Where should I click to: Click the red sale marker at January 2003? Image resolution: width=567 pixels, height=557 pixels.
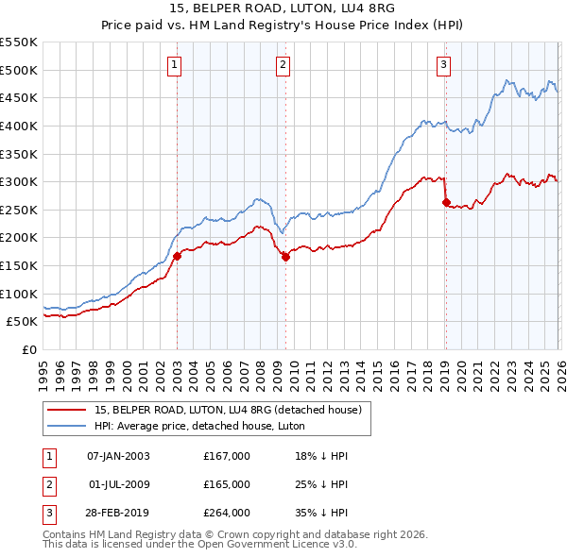pyautogui.click(x=177, y=256)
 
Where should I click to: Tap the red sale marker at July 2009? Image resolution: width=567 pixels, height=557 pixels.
pyautogui.click(x=285, y=257)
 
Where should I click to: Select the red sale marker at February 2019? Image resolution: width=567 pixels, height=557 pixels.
pyautogui.click(x=446, y=202)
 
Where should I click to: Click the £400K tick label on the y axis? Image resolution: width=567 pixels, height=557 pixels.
pyautogui.click(x=19, y=126)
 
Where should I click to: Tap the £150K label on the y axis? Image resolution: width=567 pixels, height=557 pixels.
pyautogui.click(x=19, y=265)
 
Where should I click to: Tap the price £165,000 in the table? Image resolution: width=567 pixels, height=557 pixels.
pyautogui.click(x=227, y=484)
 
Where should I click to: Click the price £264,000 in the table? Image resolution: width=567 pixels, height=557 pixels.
pyautogui.click(x=227, y=513)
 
